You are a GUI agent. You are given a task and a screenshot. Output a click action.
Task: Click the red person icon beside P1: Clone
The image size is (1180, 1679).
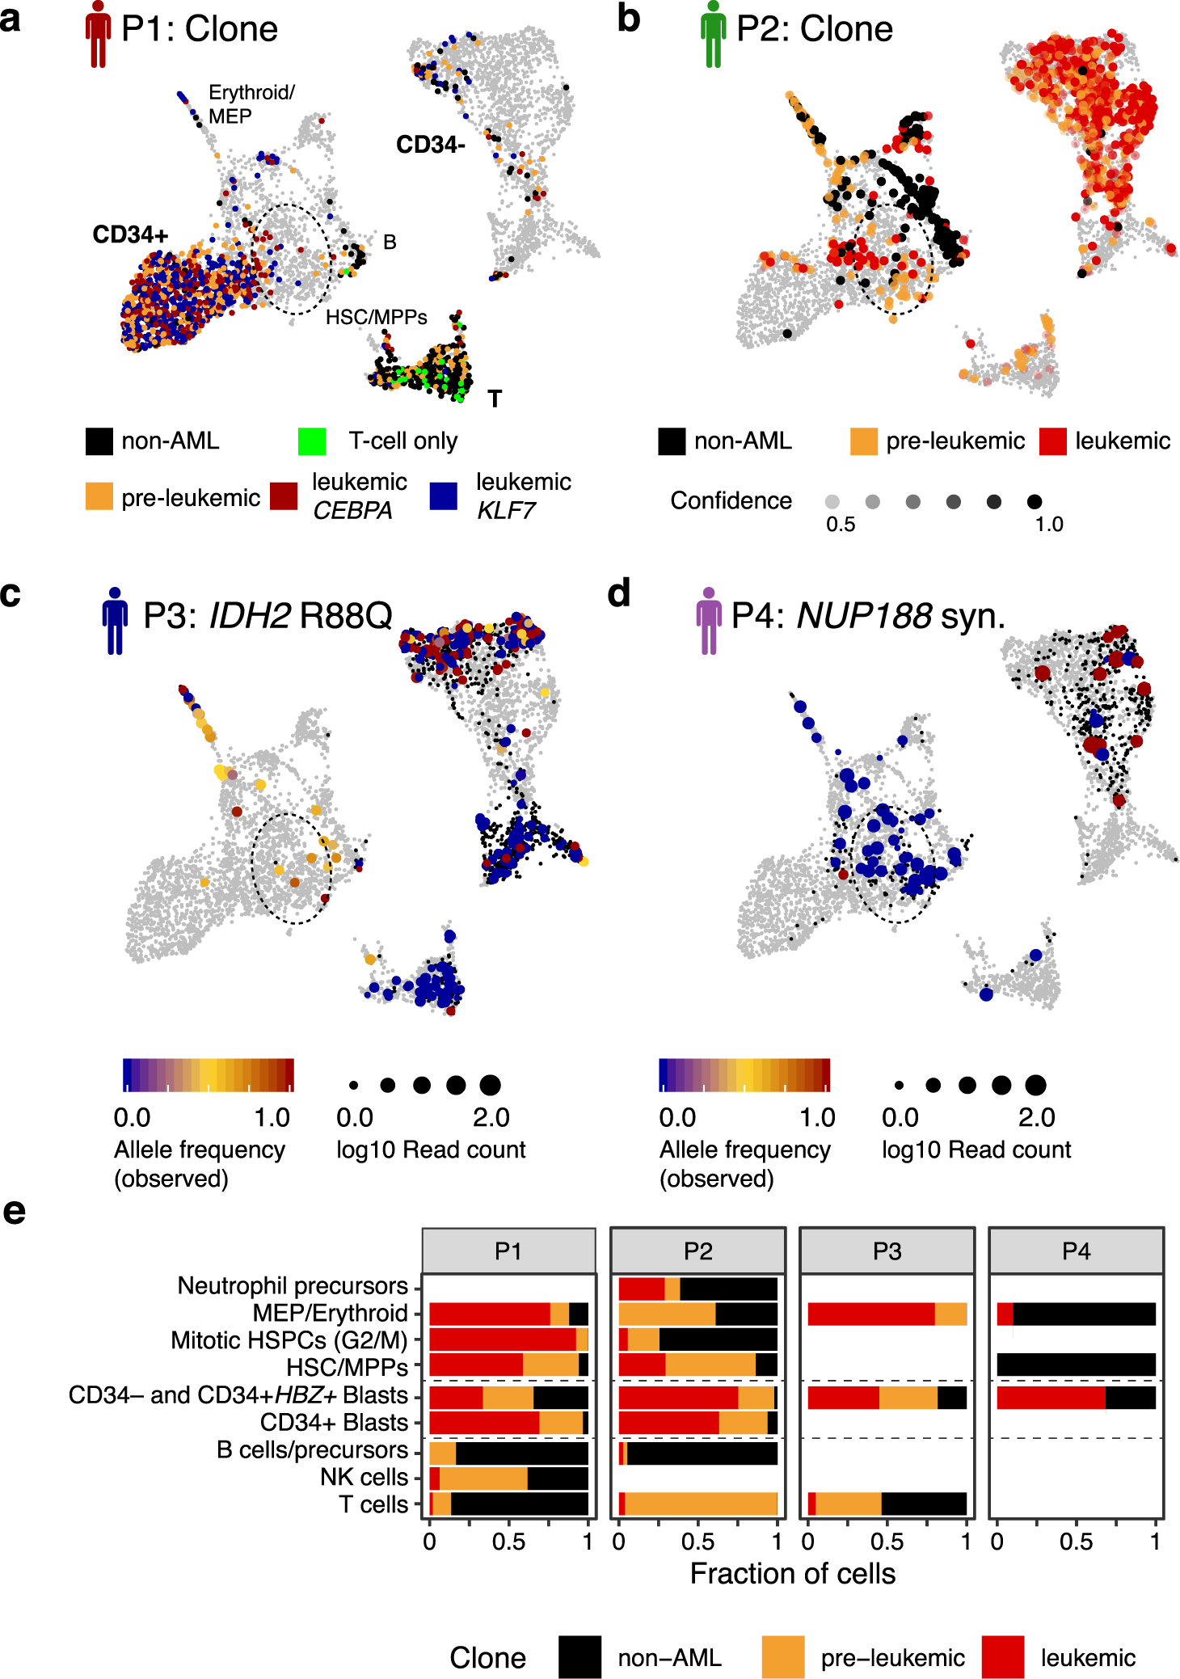tap(98, 34)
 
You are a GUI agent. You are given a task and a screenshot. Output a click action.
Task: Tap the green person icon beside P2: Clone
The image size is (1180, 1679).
tap(713, 34)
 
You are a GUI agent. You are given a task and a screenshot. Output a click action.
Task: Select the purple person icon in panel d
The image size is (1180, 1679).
tap(709, 621)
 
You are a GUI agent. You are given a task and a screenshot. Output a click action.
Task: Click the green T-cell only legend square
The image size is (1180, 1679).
tap(312, 441)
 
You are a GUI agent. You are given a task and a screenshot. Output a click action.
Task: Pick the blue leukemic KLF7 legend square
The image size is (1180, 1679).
tap(444, 496)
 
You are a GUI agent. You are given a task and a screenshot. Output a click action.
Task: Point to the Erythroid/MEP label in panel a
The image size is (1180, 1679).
tap(251, 104)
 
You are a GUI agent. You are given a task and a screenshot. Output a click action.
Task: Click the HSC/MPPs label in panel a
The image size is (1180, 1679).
tap(376, 318)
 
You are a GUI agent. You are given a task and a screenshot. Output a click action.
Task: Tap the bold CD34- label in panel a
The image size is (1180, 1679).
tap(430, 146)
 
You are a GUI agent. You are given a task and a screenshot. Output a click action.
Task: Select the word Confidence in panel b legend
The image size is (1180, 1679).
tap(731, 501)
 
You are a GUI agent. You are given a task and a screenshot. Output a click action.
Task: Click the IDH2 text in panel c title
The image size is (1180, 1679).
tap(250, 616)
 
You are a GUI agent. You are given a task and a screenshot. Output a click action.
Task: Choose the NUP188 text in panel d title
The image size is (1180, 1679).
tap(864, 616)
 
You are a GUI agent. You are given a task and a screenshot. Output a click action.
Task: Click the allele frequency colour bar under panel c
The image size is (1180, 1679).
tap(209, 1075)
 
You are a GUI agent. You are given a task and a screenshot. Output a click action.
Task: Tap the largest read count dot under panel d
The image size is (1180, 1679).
tap(1035, 1085)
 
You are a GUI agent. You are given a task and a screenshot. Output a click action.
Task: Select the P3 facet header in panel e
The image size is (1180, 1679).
tap(887, 1251)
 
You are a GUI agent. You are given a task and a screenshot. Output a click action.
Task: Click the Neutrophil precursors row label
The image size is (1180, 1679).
tap(293, 1285)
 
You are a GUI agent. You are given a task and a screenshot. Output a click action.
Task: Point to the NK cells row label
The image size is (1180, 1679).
tap(364, 1477)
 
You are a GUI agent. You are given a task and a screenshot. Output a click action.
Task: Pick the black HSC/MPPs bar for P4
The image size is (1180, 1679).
tap(1076, 1365)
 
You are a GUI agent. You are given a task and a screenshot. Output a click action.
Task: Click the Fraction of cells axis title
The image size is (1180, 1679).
tap(792, 1574)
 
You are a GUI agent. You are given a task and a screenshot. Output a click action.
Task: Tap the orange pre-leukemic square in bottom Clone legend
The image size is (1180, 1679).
tap(782, 1657)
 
